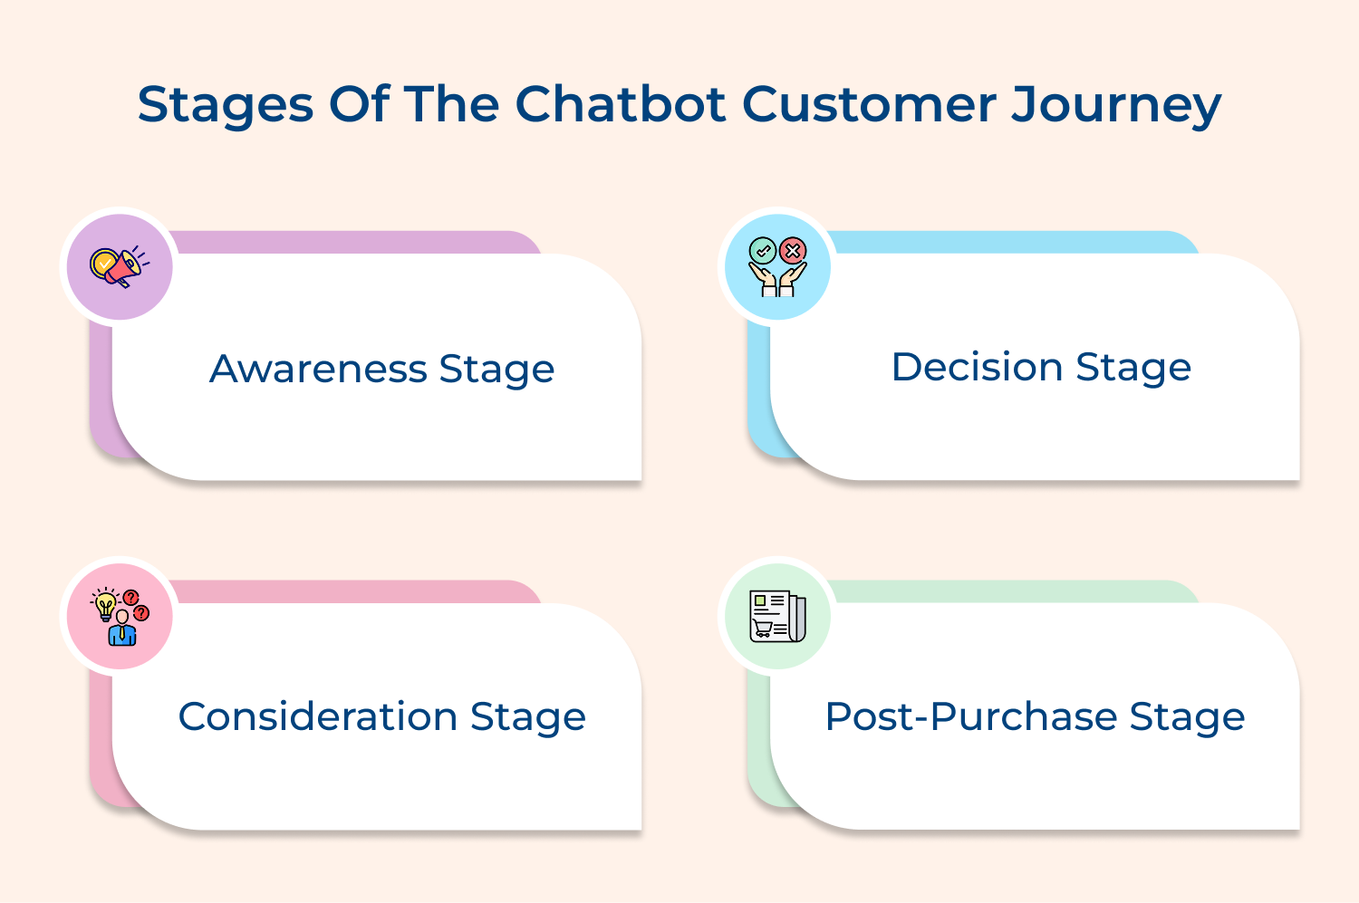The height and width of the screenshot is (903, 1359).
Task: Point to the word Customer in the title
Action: (869, 104)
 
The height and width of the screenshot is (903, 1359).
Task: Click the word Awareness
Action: (318, 369)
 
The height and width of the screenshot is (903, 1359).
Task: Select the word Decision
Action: (977, 367)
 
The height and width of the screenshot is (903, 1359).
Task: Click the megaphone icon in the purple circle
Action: (119, 266)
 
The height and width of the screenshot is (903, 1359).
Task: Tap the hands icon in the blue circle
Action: (777, 267)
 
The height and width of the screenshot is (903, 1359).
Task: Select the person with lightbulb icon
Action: (120, 617)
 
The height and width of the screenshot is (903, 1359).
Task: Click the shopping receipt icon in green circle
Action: (777, 616)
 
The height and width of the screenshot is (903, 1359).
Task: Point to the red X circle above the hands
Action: (793, 251)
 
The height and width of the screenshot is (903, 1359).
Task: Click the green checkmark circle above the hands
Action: (763, 251)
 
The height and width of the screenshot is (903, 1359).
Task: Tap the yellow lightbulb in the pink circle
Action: (105, 604)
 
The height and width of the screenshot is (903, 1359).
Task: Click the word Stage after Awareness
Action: (496, 370)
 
